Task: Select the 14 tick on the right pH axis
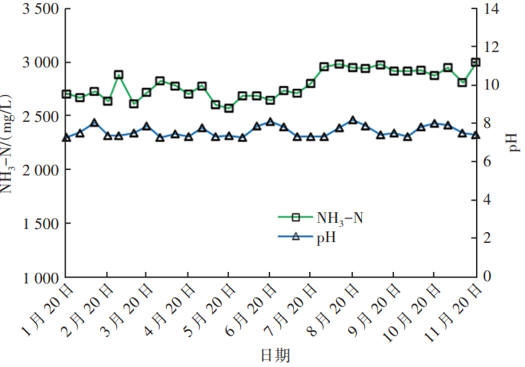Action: (491, 8)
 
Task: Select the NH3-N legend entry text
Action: (340, 218)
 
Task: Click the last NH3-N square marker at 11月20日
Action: (475, 62)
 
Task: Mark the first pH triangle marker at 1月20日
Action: (67, 138)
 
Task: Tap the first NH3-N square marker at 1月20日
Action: (67, 94)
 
